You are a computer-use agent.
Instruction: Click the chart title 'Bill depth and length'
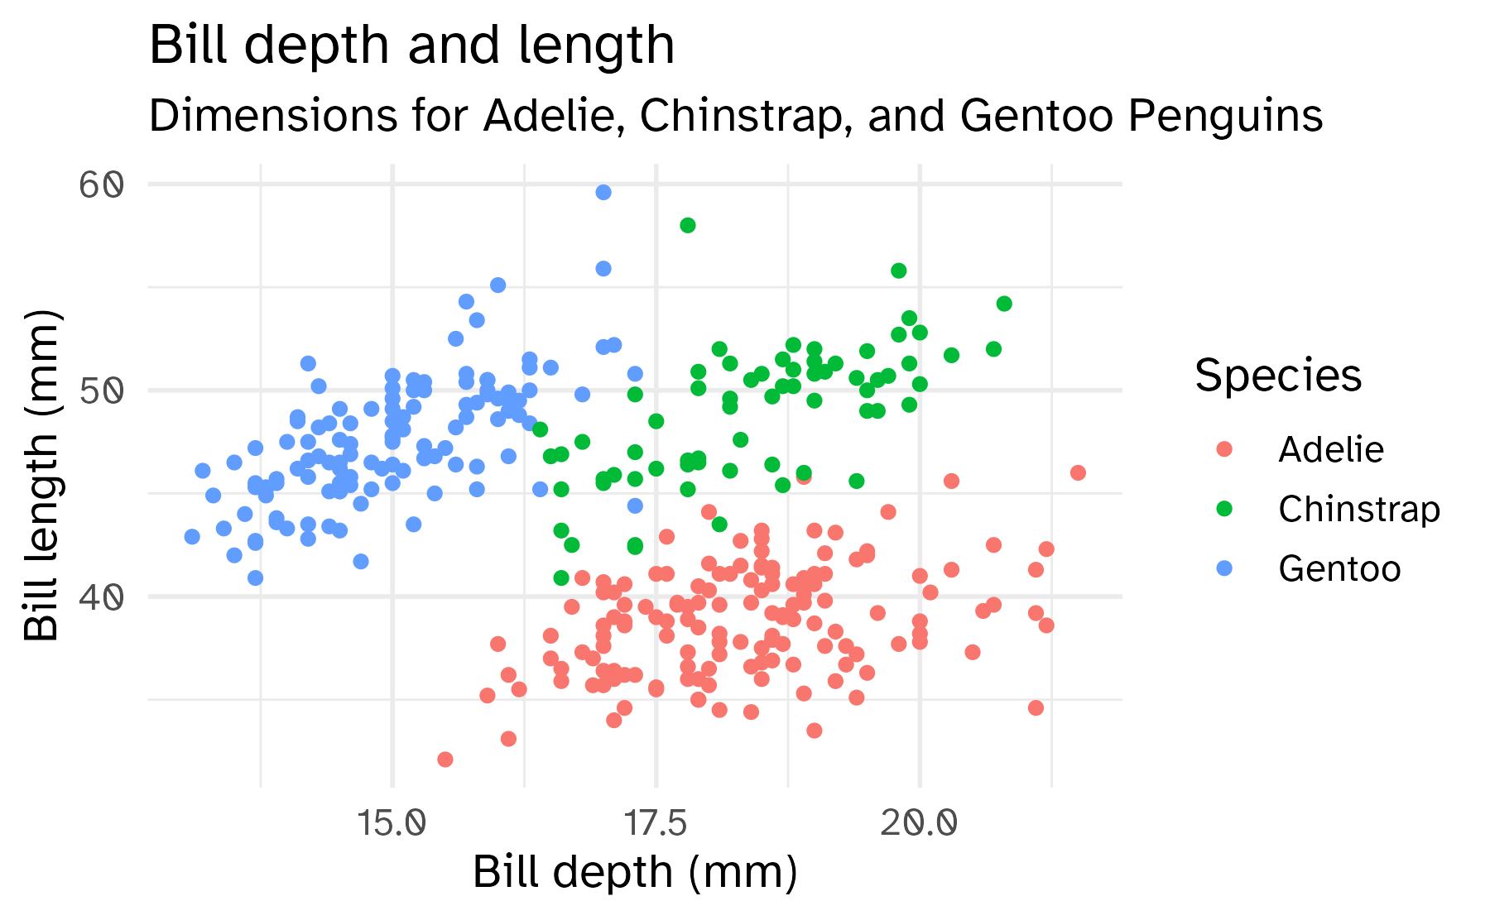click(411, 45)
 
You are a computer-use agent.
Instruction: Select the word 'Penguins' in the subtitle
click(1224, 116)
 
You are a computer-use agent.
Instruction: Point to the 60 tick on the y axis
click(102, 184)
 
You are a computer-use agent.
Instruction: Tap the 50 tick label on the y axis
click(102, 391)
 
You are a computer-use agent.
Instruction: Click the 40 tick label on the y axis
click(102, 597)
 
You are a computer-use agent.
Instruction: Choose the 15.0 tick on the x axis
click(392, 823)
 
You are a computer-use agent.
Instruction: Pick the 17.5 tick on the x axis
click(656, 823)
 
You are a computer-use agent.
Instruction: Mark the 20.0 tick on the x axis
click(919, 823)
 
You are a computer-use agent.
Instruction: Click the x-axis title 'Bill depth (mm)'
click(635, 872)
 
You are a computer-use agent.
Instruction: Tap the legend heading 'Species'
click(1277, 376)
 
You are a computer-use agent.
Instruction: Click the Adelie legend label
click(1330, 449)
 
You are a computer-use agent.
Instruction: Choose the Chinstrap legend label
click(1358, 509)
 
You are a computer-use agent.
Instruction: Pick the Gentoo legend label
click(1339, 568)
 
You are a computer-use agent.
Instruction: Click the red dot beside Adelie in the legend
click(1224, 449)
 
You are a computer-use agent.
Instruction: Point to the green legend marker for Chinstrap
click(1224, 509)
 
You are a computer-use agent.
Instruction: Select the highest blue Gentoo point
click(603, 193)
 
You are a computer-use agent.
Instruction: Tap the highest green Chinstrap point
click(687, 225)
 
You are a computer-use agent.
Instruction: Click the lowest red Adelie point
click(445, 759)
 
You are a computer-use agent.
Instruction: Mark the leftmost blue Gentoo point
click(192, 537)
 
